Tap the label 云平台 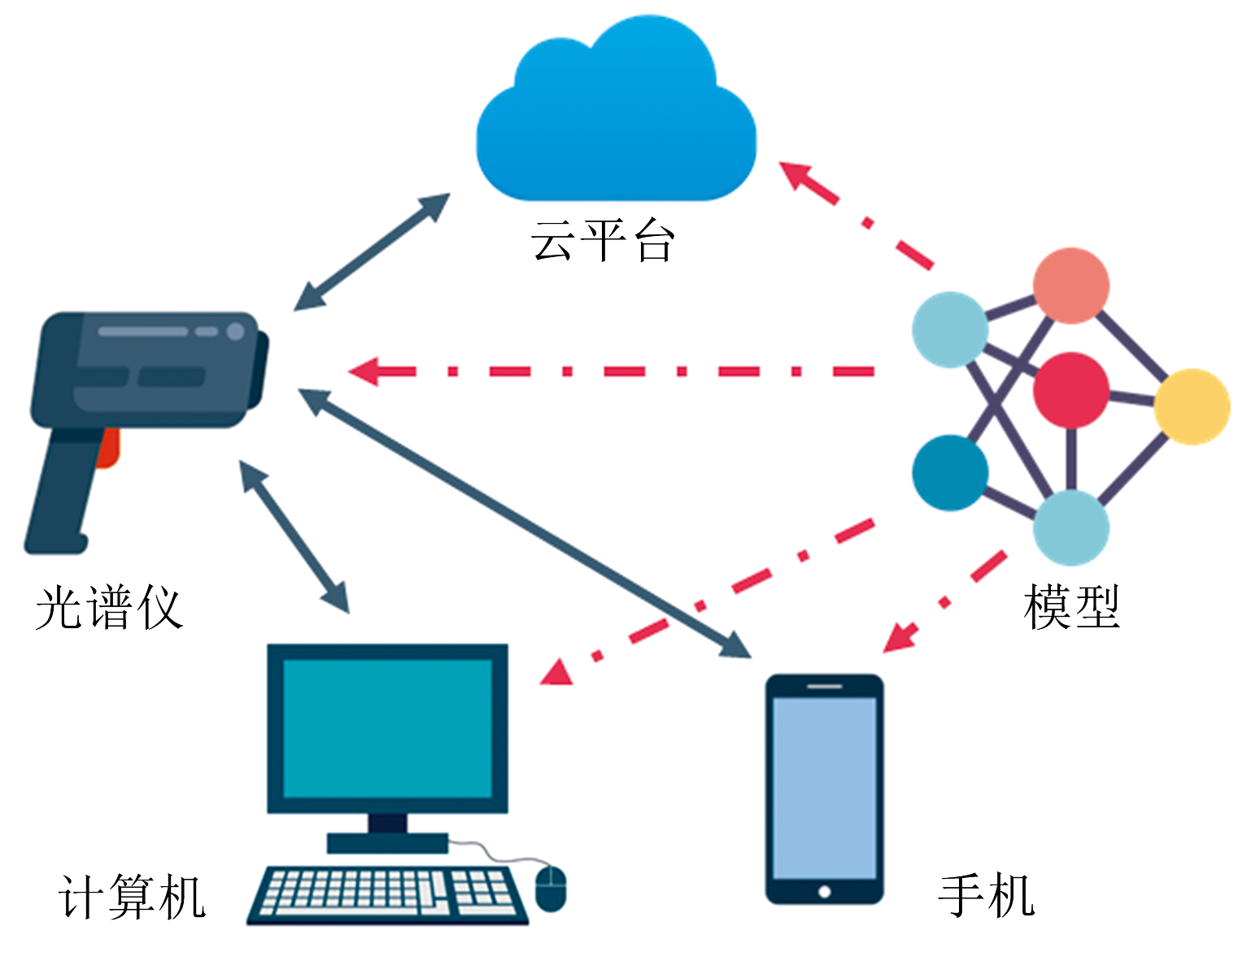click(x=603, y=241)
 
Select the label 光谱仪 click(x=109, y=608)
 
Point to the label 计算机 click(x=133, y=897)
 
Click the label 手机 click(x=986, y=895)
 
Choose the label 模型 click(x=1072, y=607)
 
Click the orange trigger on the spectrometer click(x=108, y=448)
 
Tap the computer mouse click(x=551, y=888)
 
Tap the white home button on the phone click(x=824, y=892)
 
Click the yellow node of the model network click(x=1192, y=406)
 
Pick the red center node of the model click(x=1070, y=390)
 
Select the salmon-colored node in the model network click(x=1070, y=286)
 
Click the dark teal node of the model click(x=949, y=473)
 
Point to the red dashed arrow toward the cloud click(x=854, y=214)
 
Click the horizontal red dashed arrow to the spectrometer click(x=610, y=372)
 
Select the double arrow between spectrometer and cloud click(x=372, y=251)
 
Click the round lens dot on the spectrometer click(x=235, y=331)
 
